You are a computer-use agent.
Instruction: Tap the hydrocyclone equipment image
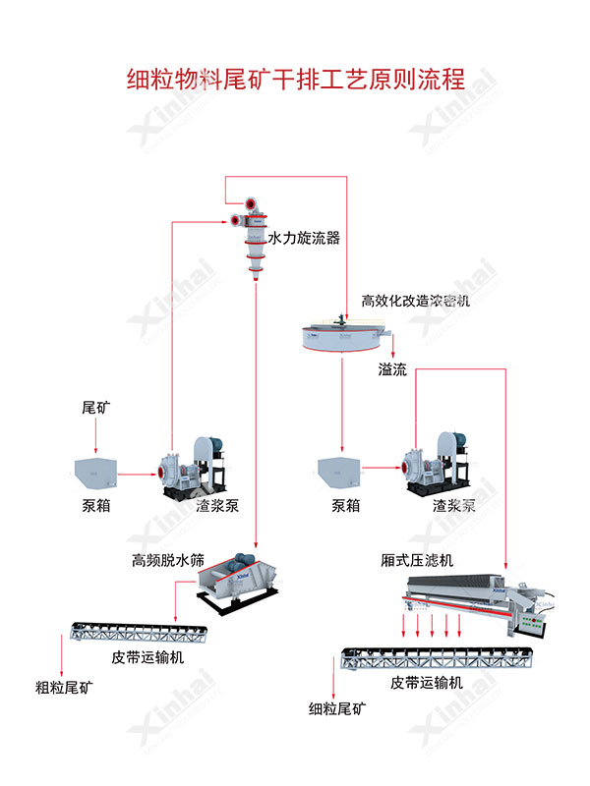click(x=252, y=236)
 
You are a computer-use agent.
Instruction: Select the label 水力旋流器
click(x=304, y=238)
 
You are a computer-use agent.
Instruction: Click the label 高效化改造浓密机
click(x=416, y=301)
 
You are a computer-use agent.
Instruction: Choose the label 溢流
click(x=392, y=369)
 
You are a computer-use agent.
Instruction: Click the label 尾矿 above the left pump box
click(x=94, y=406)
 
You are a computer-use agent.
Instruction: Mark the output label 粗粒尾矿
click(x=65, y=688)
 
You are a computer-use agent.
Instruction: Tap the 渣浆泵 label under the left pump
click(x=217, y=506)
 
